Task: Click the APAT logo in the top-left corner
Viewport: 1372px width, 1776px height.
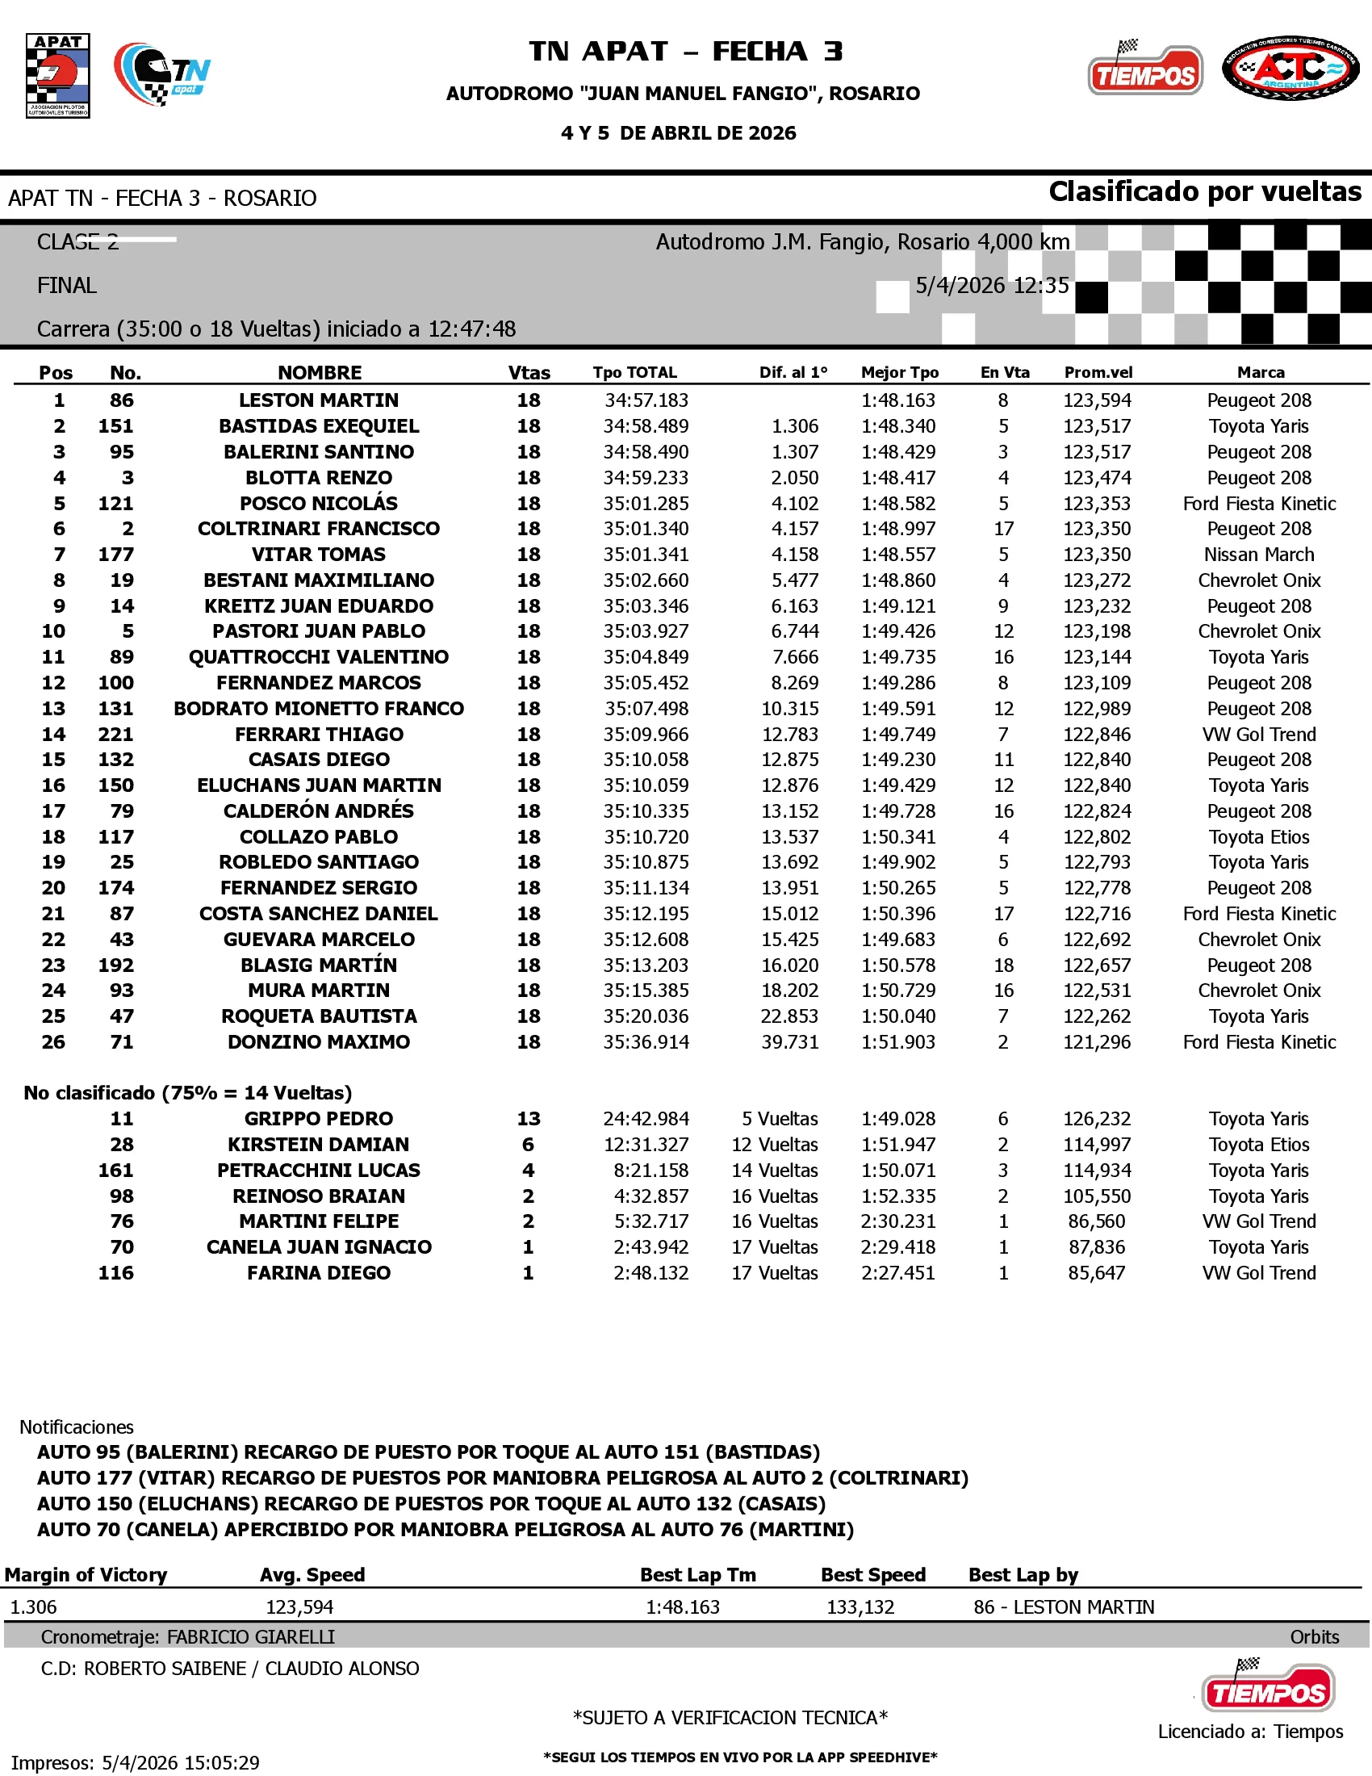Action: (x=58, y=76)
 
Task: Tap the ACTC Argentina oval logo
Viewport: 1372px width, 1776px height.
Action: (x=1290, y=69)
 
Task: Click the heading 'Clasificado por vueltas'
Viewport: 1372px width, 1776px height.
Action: (x=1205, y=192)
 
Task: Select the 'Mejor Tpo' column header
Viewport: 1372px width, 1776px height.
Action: (x=900, y=372)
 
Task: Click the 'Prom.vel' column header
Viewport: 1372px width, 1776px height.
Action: (x=1098, y=372)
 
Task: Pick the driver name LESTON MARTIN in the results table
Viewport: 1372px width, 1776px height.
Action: (x=319, y=400)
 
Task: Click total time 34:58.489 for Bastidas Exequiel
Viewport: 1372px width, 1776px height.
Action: (x=646, y=426)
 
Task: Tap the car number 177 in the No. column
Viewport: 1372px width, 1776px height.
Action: (x=116, y=555)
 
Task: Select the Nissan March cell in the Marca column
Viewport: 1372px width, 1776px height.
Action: (x=1259, y=555)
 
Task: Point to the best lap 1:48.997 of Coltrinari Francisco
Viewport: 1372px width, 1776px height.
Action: (x=898, y=529)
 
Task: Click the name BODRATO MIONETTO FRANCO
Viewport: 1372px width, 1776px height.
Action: (x=319, y=708)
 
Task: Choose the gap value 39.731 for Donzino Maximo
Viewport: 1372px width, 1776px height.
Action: (x=789, y=1041)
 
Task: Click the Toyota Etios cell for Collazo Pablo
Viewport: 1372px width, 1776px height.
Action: (x=1259, y=837)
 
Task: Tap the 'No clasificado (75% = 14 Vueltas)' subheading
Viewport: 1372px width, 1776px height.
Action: (x=188, y=1093)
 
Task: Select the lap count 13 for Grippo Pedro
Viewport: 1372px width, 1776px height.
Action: (x=529, y=1119)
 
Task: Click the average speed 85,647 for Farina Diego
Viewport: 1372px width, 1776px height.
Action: (x=1097, y=1272)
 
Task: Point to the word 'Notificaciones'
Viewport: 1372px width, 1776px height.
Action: (x=77, y=1427)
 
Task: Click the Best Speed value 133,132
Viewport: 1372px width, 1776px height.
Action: (x=860, y=1606)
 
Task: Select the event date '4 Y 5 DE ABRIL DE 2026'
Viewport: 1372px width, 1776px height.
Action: (x=679, y=133)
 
